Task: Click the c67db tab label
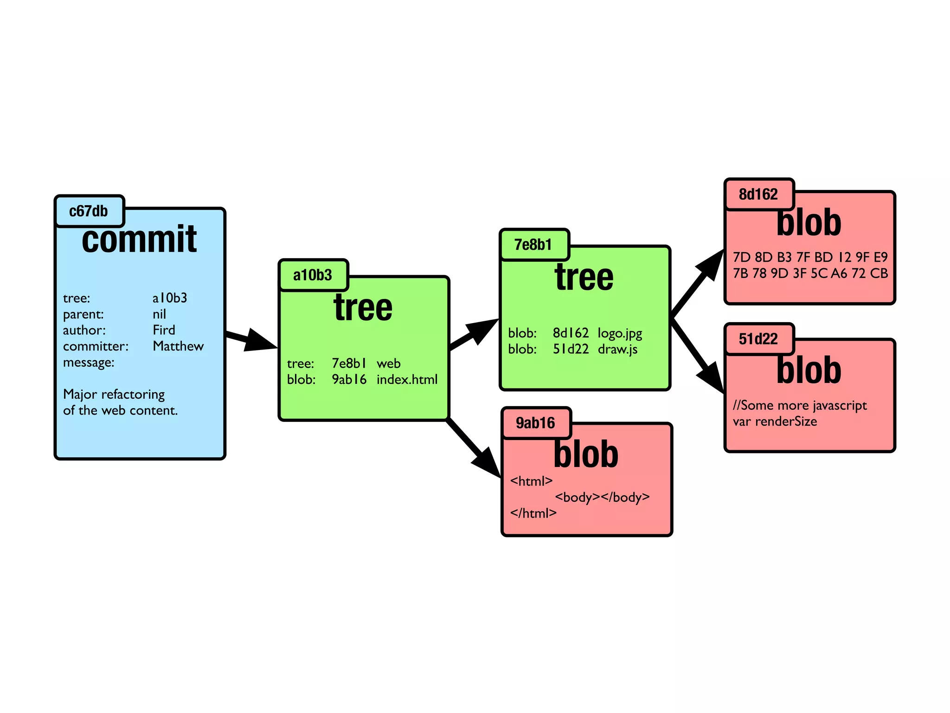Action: [x=89, y=211]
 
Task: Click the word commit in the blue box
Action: [x=139, y=240]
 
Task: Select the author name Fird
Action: [x=164, y=330]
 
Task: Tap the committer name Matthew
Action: [x=178, y=346]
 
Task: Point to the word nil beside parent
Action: [x=159, y=314]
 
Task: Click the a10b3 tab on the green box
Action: [x=313, y=275]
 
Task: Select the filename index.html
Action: [x=407, y=380]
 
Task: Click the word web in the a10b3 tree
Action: [x=388, y=363]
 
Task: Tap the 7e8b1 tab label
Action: [x=533, y=245]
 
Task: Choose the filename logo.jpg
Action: [x=620, y=333]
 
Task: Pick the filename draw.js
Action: [x=617, y=350]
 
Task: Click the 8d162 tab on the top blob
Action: [x=758, y=194]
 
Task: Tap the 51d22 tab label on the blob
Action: [x=758, y=339]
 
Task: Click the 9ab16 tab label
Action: [x=535, y=423]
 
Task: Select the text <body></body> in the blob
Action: [x=602, y=497]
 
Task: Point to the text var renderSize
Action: [x=775, y=421]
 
